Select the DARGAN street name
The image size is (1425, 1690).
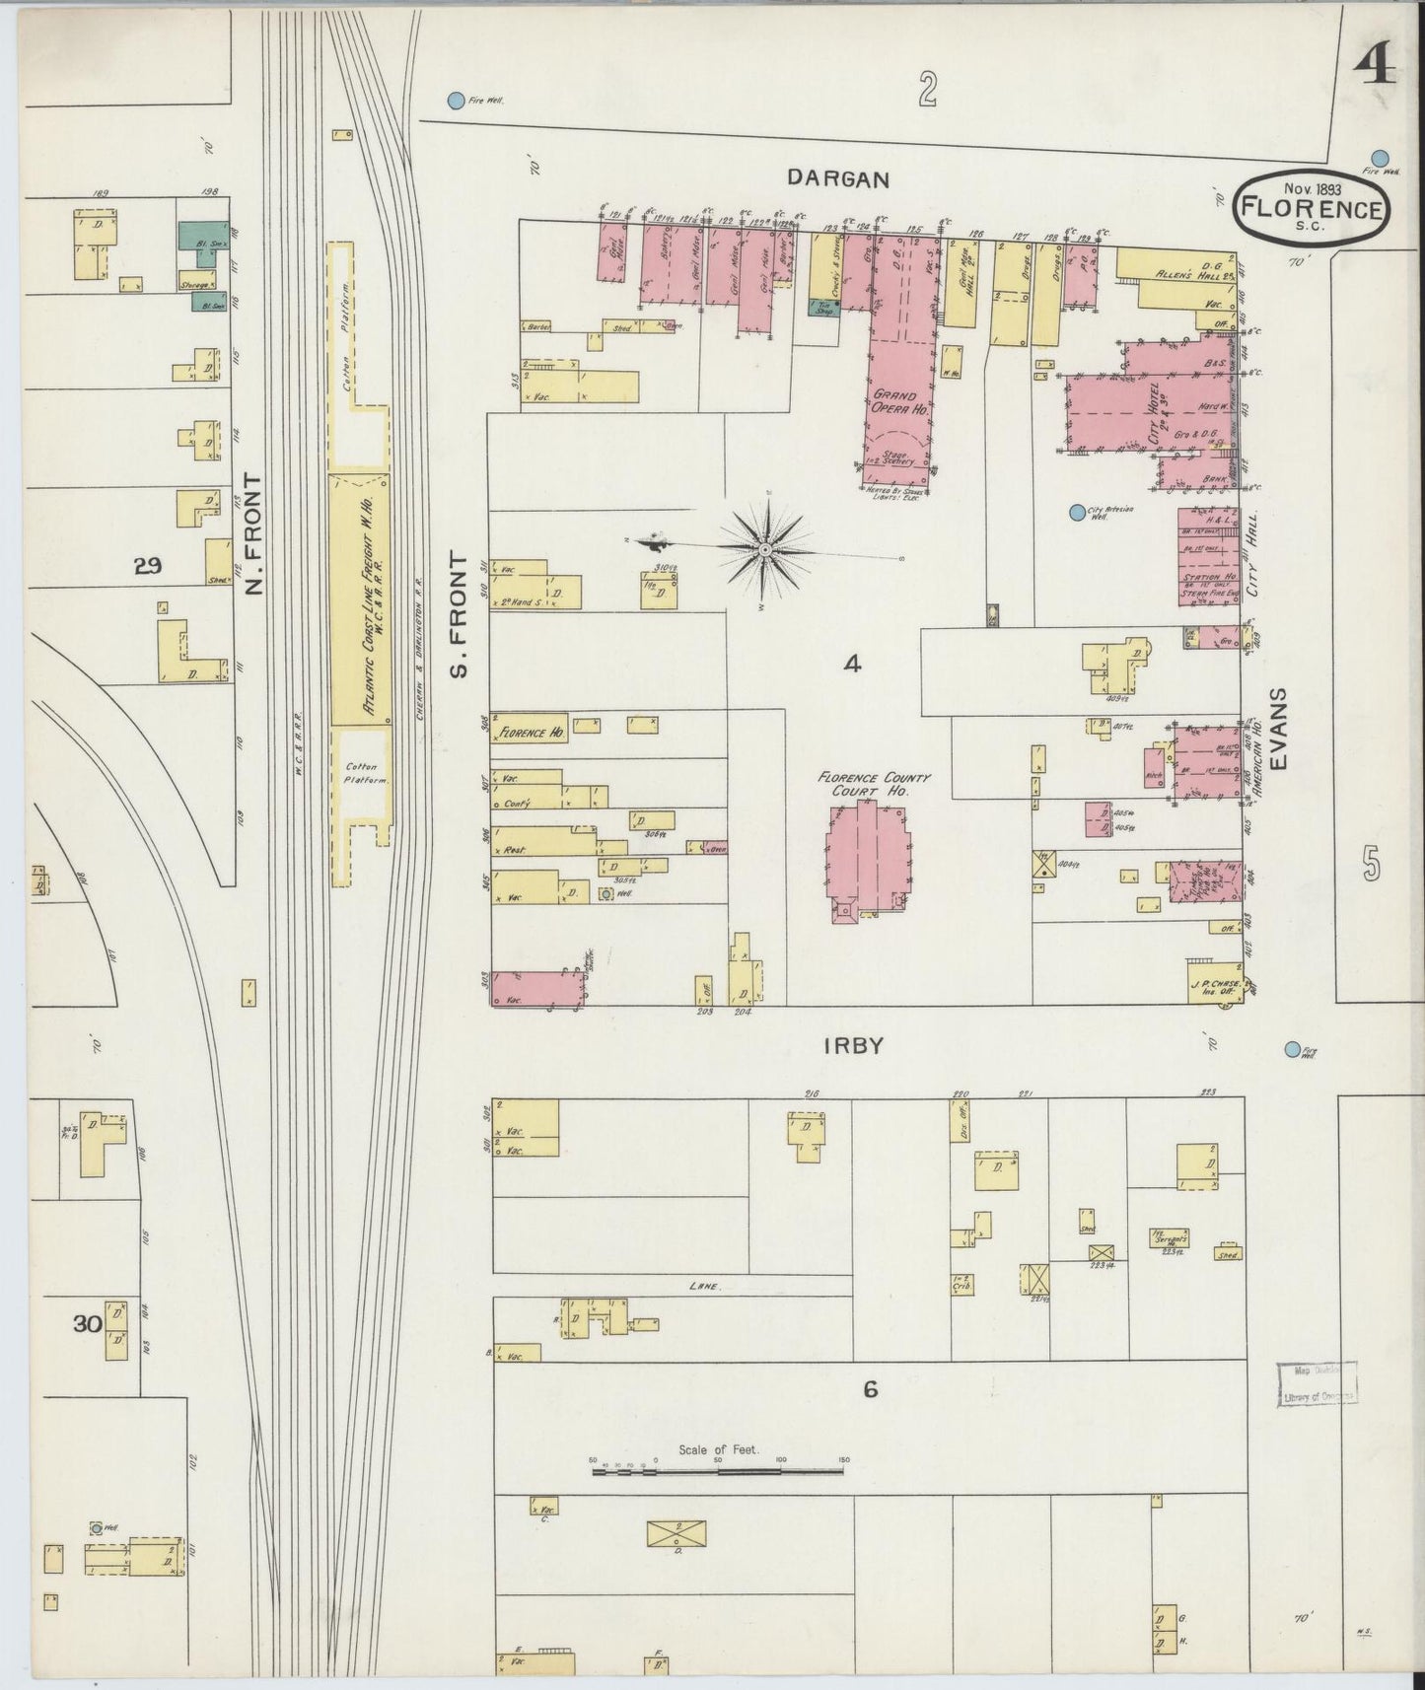click(x=838, y=179)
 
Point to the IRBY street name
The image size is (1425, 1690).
click(x=853, y=1047)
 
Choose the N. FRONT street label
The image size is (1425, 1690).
click(x=253, y=533)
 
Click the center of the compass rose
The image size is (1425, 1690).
click(x=766, y=547)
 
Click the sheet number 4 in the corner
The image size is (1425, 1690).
click(x=1373, y=67)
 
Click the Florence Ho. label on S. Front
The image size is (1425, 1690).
click(x=531, y=733)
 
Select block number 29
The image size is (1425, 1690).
click(x=149, y=566)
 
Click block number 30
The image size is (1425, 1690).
click(x=89, y=1324)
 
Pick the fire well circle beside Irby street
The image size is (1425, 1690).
click(x=1292, y=1050)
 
